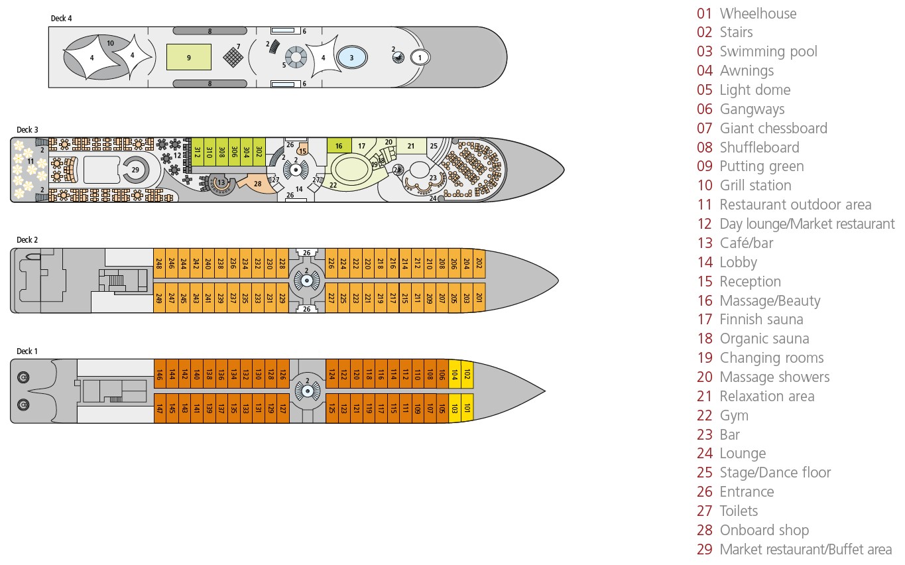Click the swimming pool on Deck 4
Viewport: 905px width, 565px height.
351,58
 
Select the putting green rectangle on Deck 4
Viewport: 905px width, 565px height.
188,57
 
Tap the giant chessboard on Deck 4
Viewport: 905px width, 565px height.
232,57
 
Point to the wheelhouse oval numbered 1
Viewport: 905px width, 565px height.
419,58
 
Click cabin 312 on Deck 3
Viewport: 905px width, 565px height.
197,151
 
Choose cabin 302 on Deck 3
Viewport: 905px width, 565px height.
259,151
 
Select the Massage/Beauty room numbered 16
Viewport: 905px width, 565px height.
339,146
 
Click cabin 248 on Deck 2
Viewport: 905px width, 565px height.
159,263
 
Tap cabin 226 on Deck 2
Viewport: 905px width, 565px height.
332,263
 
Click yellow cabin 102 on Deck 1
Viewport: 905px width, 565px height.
467,374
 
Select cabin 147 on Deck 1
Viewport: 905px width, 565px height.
159,408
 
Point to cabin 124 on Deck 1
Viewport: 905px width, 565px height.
332,374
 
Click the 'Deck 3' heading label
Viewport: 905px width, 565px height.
24,129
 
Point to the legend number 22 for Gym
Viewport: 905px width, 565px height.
704,415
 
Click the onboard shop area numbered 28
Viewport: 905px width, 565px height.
258,183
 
